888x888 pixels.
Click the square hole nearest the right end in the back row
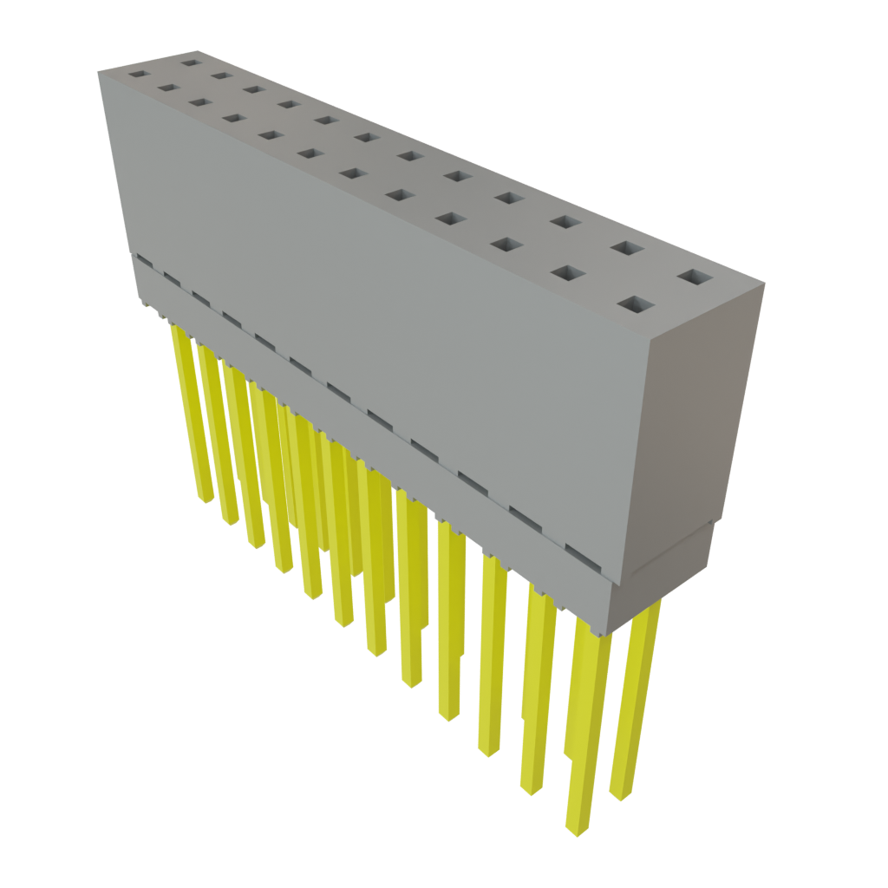tap(695, 277)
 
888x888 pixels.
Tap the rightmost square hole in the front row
tap(637, 304)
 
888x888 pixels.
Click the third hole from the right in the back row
tap(564, 222)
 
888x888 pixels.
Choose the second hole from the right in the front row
tap(568, 273)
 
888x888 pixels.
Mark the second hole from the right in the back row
tap(626, 248)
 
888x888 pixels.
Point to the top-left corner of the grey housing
tap(99, 75)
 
